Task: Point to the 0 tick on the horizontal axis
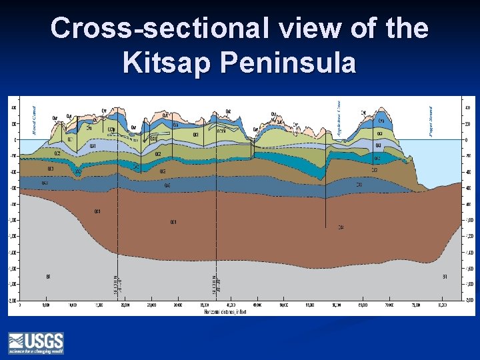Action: [x=20, y=305]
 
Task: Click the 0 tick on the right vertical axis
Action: [x=466, y=140]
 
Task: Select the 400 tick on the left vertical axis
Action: [x=13, y=107]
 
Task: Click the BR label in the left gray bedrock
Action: [x=47, y=275]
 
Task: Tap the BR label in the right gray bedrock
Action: [x=444, y=275]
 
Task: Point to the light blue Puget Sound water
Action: [x=440, y=160]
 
